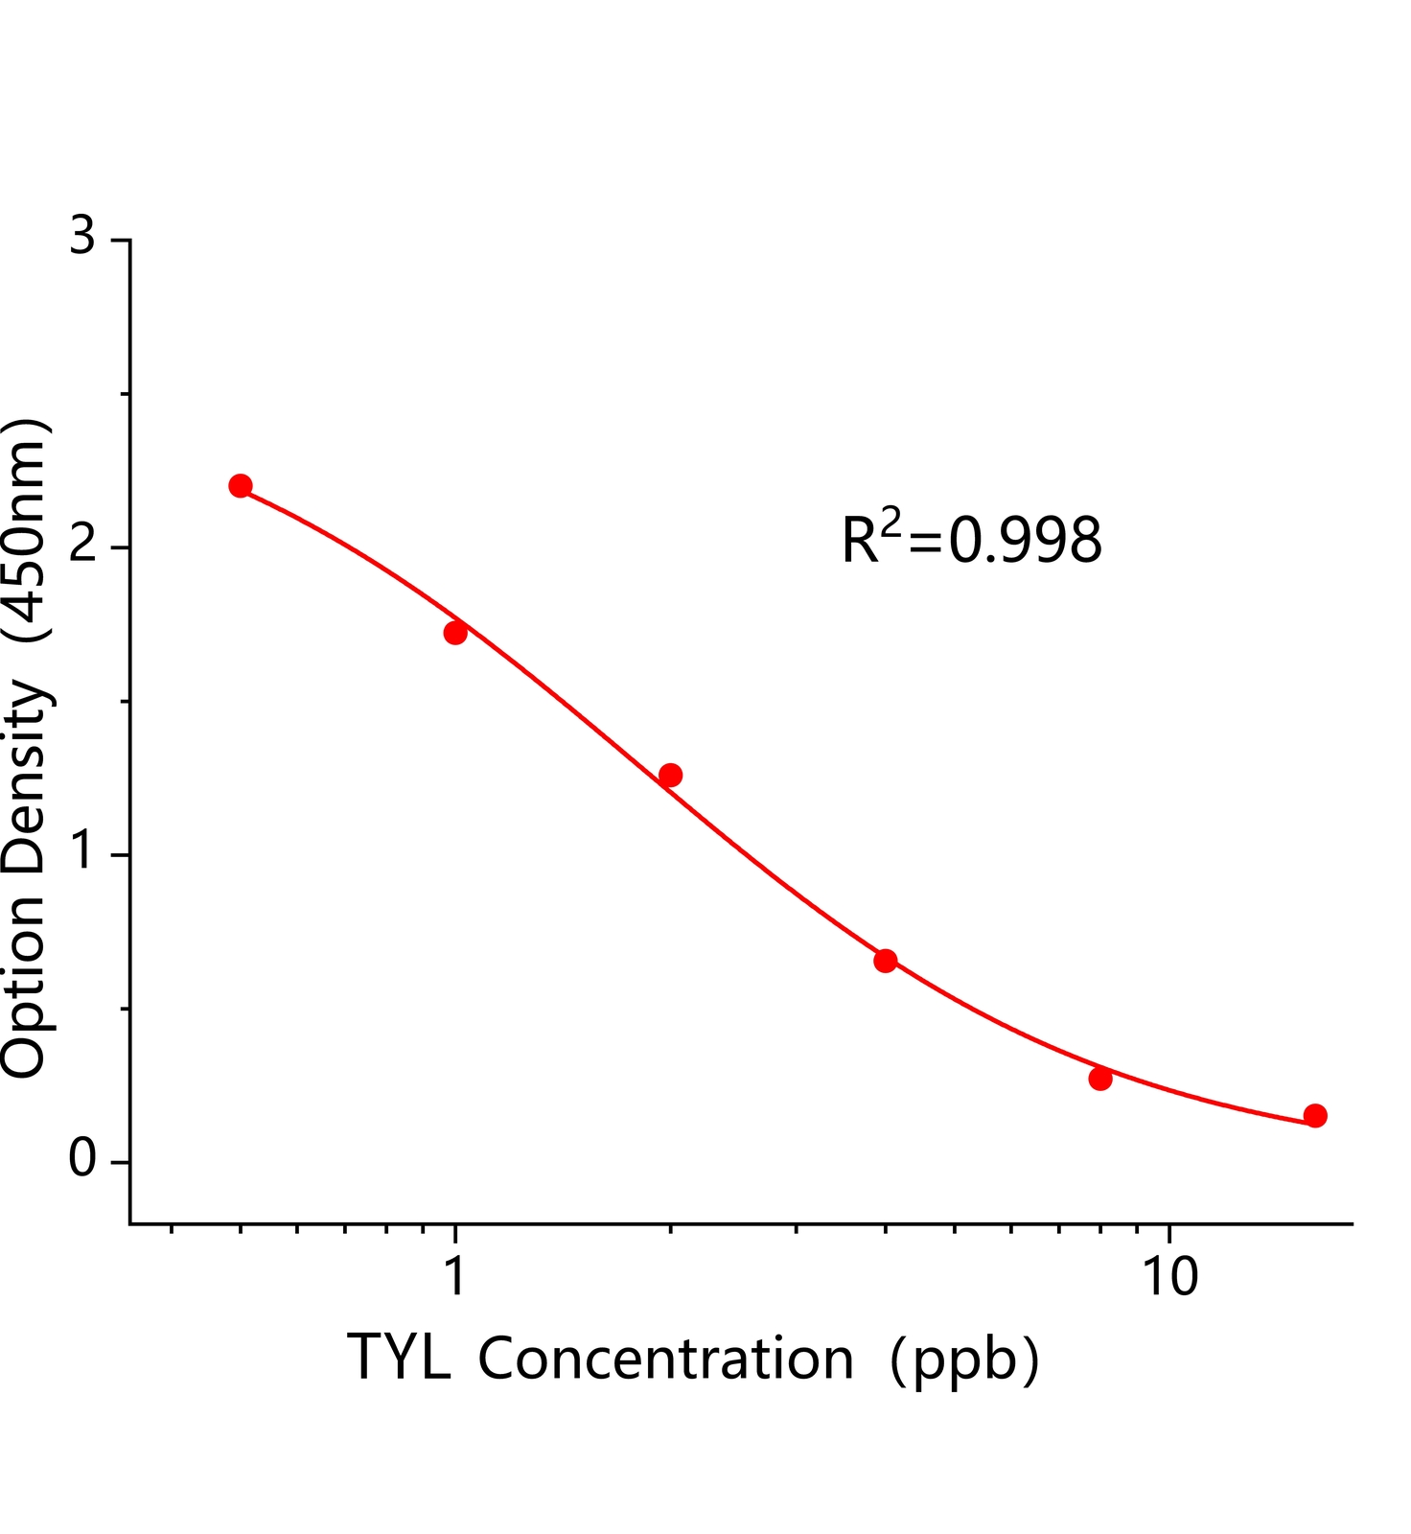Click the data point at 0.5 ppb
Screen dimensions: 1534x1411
241,486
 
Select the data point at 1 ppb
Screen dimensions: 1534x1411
455,633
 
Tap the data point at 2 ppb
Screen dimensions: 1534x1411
671,775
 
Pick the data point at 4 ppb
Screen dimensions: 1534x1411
886,961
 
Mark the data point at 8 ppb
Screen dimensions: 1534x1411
1100,1079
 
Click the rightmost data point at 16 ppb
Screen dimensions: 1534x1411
1315,1115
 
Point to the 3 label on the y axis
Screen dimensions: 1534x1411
83,237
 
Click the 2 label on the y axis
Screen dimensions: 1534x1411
83,545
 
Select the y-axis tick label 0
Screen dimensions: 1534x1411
83,1160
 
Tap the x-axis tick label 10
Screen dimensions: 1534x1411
1169,1277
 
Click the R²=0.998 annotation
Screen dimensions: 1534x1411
971,539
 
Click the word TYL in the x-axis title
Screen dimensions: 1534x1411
399,1358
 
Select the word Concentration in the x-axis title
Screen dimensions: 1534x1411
665,1358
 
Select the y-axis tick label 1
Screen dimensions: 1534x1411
83,852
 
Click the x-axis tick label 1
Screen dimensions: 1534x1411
455,1277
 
